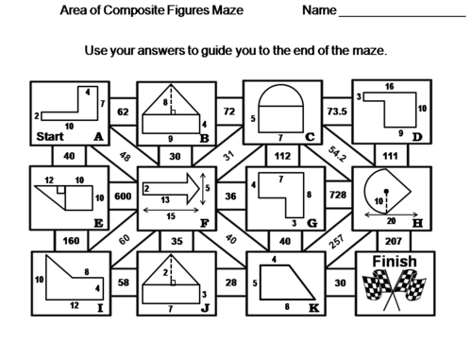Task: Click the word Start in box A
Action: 49,137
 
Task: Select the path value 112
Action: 282,155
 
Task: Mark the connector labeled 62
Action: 122,111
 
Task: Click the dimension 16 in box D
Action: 389,87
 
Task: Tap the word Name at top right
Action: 320,12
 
